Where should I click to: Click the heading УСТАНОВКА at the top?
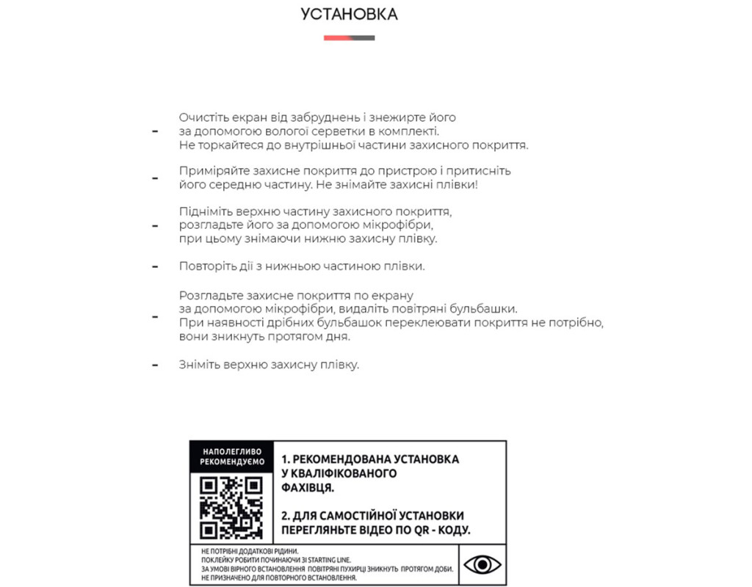point(349,15)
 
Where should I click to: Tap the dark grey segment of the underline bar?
point(362,37)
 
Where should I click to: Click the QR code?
point(231,506)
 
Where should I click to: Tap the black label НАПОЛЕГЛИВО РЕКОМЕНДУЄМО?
point(231,456)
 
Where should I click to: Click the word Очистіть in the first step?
point(203,117)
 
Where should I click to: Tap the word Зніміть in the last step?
point(200,365)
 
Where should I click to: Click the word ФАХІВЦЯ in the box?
point(308,487)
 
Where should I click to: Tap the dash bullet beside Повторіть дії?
point(155,266)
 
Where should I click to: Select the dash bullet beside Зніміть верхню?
point(155,365)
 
